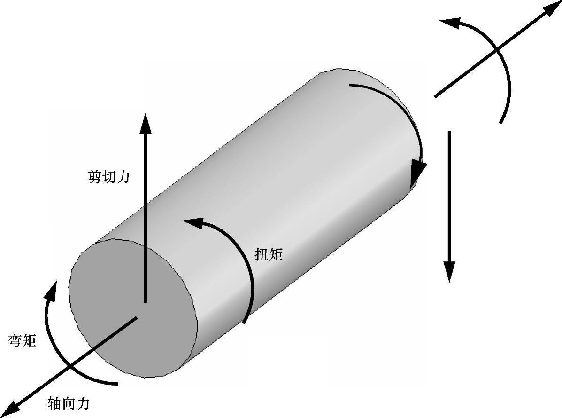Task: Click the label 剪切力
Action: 108,177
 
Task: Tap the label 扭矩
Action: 269,254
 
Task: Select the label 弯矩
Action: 23,341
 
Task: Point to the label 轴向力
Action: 69,403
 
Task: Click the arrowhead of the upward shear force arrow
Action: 146,123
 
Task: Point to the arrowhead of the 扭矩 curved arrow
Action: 192,221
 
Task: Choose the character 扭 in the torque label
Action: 261,254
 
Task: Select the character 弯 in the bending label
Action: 15,341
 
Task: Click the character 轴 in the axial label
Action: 55,403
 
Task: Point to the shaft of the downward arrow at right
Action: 449,197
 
